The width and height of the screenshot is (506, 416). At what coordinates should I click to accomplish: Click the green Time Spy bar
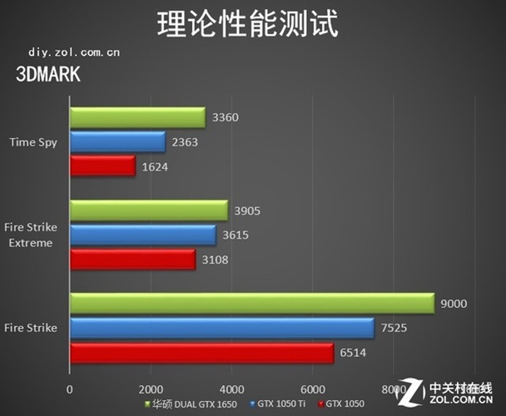[137, 118]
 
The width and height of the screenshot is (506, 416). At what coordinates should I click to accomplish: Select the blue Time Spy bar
[117, 142]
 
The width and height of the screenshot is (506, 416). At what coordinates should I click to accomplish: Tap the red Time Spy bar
[102, 166]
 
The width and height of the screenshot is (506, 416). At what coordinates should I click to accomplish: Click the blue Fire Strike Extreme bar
[142, 235]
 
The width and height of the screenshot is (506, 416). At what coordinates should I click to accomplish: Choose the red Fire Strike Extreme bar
[132, 260]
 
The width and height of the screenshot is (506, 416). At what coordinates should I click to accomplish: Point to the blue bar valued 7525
[222, 329]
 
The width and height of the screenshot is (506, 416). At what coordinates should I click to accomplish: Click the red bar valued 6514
[201, 353]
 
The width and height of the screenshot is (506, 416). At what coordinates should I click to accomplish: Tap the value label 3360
[226, 118]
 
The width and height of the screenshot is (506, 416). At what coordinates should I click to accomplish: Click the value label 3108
[215, 260]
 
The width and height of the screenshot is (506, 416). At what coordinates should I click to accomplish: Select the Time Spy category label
[33, 142]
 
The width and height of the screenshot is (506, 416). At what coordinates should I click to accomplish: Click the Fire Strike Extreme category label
[30, 236]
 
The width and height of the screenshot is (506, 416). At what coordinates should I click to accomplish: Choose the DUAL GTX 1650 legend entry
[193, 404]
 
